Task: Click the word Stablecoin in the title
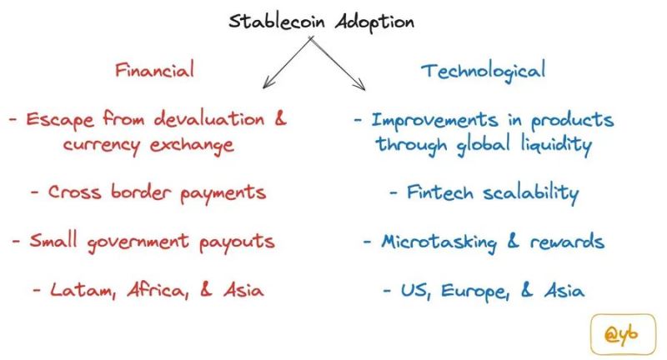click(x=276, y=22)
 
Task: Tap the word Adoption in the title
click(x=374, y=22)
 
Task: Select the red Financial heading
click(x=154, y=69)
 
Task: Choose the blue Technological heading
click(x=484, y=71)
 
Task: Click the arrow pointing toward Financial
click(x=288, y=62)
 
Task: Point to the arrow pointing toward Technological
click(x=337, y=64)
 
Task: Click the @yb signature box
click(x=623, y=334)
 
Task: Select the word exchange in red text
click(x=192, y=145)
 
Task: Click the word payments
click(x=223, y=194)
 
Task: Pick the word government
click(x=138, y=242)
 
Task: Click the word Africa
click(x=158, y=291)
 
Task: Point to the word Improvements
click(x=434, y=120)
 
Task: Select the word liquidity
click(x=557, y=144)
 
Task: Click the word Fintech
click(x=440, y=192)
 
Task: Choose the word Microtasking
click(x=439, y=242)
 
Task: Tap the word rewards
click(x=567, y=242)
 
